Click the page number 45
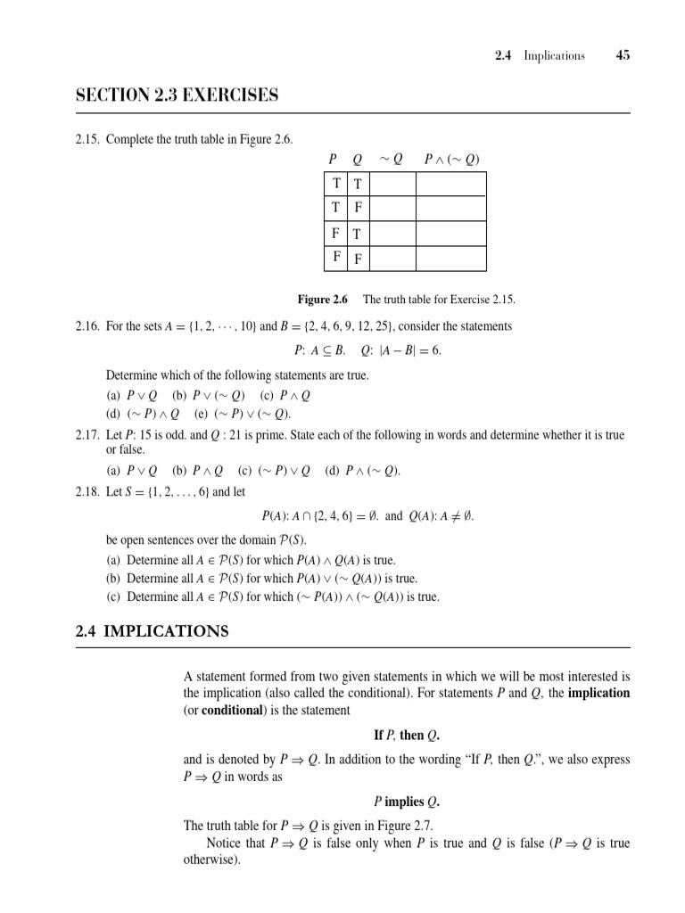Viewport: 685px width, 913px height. (x=623, y=55)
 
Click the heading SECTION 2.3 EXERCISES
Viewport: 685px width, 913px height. (x=177, y=95)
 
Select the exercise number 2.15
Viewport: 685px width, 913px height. (x=88, y=141)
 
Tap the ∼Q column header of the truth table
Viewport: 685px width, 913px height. (x=391, y=160)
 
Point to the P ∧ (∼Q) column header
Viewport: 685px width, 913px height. (x=451, y=160)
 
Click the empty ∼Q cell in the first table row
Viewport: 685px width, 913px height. (x=392, y=184)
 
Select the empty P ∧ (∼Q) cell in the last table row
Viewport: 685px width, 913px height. (x=450, y=259)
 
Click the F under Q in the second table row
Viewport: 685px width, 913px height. (x=358, y=209)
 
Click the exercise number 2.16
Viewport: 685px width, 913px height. (x=88, y=326)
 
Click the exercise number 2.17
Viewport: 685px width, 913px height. (x=88, y=435)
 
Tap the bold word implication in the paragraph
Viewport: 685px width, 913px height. (x=598, y=693)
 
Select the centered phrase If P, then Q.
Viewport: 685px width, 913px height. (x=407, y=736)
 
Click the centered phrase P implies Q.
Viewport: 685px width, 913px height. (x=407, y=802)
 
